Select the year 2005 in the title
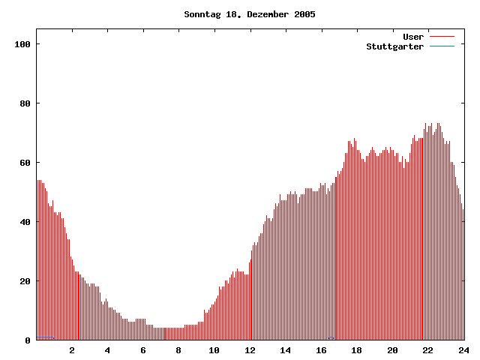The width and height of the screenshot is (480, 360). click(x=304, y=14)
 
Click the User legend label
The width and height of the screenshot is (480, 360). click(x=413, y=37)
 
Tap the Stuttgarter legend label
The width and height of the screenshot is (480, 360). click(x=394, y=46)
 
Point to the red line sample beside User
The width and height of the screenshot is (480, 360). click(x=442, y=37)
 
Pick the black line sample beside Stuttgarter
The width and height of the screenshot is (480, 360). click(x=442, y=46)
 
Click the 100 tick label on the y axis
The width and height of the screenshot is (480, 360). click(x=22, y=44)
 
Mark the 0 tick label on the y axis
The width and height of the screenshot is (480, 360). click(x=28, y=340)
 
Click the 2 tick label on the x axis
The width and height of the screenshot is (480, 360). click(x=72, y=350)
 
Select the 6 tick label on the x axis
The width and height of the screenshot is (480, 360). click(x=143, y=350)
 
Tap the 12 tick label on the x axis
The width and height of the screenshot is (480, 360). click(x=250, y=350)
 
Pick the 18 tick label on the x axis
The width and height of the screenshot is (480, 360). click(x=356, y=350)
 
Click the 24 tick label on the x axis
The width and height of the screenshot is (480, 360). click(x=463, y=350)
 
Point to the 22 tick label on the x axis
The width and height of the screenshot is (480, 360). click(x=427, y=350)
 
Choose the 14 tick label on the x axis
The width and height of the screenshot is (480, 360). click(x=285, y=350)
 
